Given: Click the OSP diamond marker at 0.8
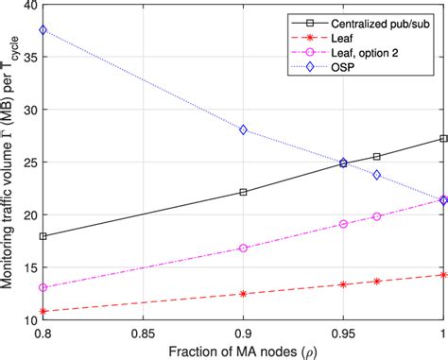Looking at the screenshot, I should tap(43, 30).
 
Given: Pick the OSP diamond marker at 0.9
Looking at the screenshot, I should tap(244, 129).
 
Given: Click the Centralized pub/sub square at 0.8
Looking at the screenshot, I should tap(43, 236).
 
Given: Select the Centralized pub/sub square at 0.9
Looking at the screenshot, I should tap(244, 192).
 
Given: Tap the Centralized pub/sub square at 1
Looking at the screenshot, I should tap(443, 139).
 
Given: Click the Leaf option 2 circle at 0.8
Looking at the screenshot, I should tap(43, 287).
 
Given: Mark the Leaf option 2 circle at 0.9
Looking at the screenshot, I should tap(244, 248).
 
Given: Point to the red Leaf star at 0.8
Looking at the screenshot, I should tap(43, 311).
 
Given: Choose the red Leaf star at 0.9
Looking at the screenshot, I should tap(244, 294).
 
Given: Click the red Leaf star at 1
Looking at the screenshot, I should tap(443, 275).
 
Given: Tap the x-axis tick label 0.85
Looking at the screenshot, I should tap(144, 333).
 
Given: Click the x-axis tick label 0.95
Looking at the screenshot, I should tap(343, 333).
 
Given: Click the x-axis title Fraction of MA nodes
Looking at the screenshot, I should tap(243, 351).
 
